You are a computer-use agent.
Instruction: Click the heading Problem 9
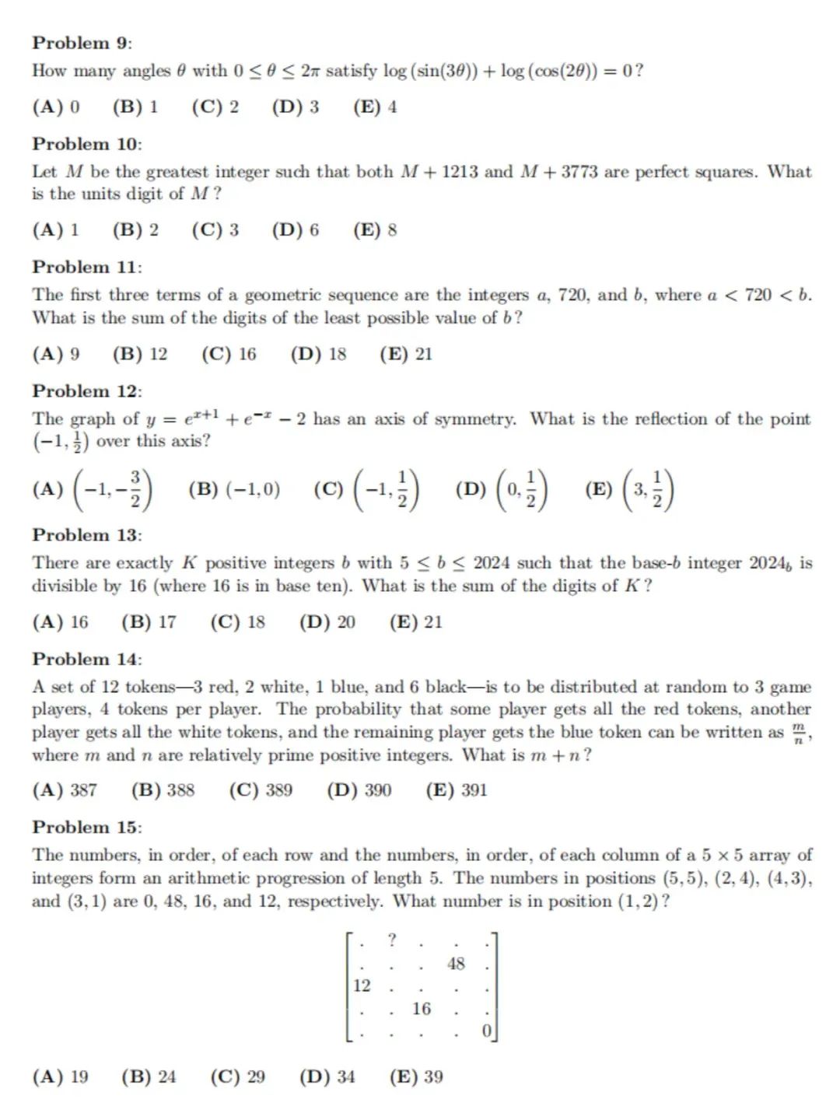tap(82, 43)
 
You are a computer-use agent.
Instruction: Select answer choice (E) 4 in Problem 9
tap(375, 107)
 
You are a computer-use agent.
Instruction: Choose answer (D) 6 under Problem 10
tap(296, 230)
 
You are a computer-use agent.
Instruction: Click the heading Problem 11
tap(86, 268)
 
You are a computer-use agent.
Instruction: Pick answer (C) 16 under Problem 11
tap(229, 355)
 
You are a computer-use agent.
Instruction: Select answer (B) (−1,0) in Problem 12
tap(234, 489)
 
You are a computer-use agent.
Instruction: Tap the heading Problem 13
tap(86, 535)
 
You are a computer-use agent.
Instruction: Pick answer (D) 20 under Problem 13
tap(327, 622)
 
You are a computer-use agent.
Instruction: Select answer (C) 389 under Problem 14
tap(261, 790)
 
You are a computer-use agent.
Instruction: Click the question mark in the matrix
tap(392, 940)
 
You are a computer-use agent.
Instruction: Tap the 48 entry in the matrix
tap(456, 964)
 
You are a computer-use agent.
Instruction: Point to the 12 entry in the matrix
tap(362, 986)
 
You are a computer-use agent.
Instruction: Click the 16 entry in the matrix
tap(422, 1009)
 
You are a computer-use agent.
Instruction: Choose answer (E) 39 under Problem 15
tap(416, 1077)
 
